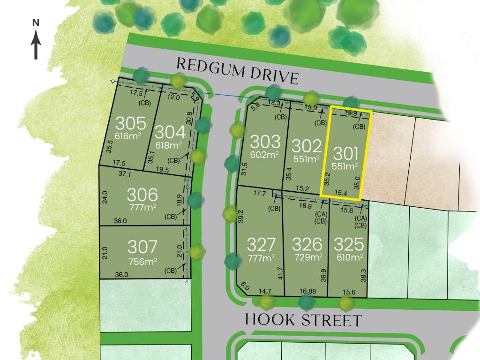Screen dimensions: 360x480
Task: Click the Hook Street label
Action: click(304, 321)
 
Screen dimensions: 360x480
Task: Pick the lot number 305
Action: click(131, 124)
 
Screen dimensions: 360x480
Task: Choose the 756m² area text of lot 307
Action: click(143, 261)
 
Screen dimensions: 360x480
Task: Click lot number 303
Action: click(265, 142)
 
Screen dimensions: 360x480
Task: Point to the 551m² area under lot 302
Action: click(307, 159)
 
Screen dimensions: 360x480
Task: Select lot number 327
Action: click(261, 245)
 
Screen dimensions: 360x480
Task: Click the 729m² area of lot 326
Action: click(307, 257)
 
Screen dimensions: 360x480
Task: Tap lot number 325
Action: click(349, 245)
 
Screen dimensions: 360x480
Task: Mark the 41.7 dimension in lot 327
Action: click(280, 273)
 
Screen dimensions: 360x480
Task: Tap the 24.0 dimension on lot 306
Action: click(105, 196)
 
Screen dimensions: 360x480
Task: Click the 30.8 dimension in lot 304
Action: click(189, 117)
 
